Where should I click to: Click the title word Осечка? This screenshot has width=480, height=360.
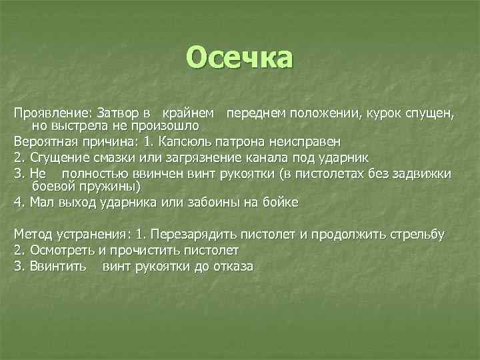pyautogui.click(x=239, y=58)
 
